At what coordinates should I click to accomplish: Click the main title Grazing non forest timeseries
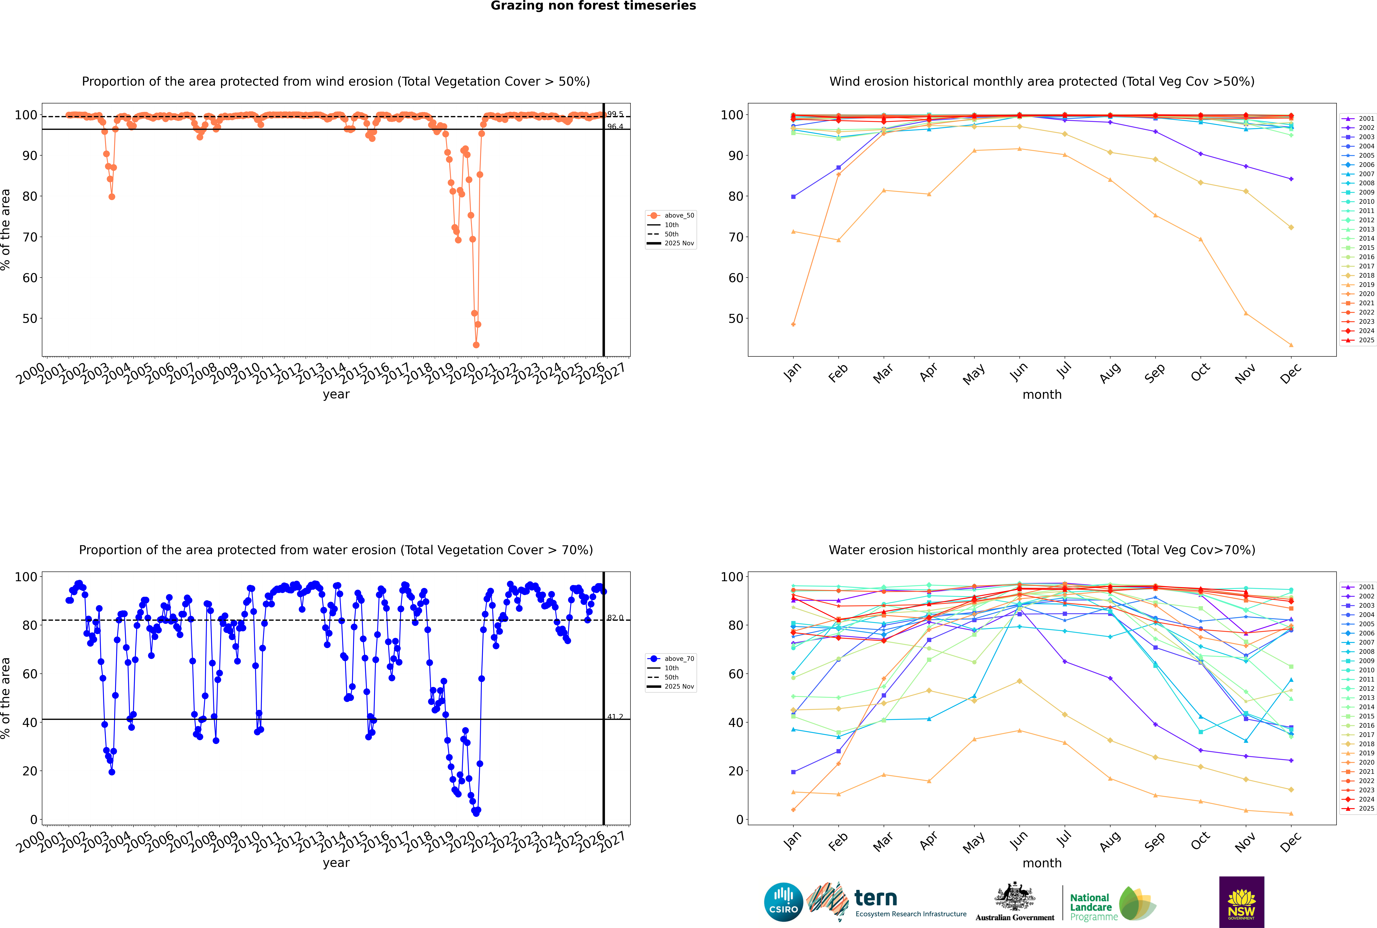pos(593,6)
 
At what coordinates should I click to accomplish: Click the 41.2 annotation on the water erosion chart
pos(615,717)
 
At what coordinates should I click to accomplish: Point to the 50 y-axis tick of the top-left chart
pos(30,318)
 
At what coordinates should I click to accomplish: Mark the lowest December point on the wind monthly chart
pos(1291,345)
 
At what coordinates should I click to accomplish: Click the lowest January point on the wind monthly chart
pos(793,324)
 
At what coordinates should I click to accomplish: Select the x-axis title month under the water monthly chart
pos(1042,863)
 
